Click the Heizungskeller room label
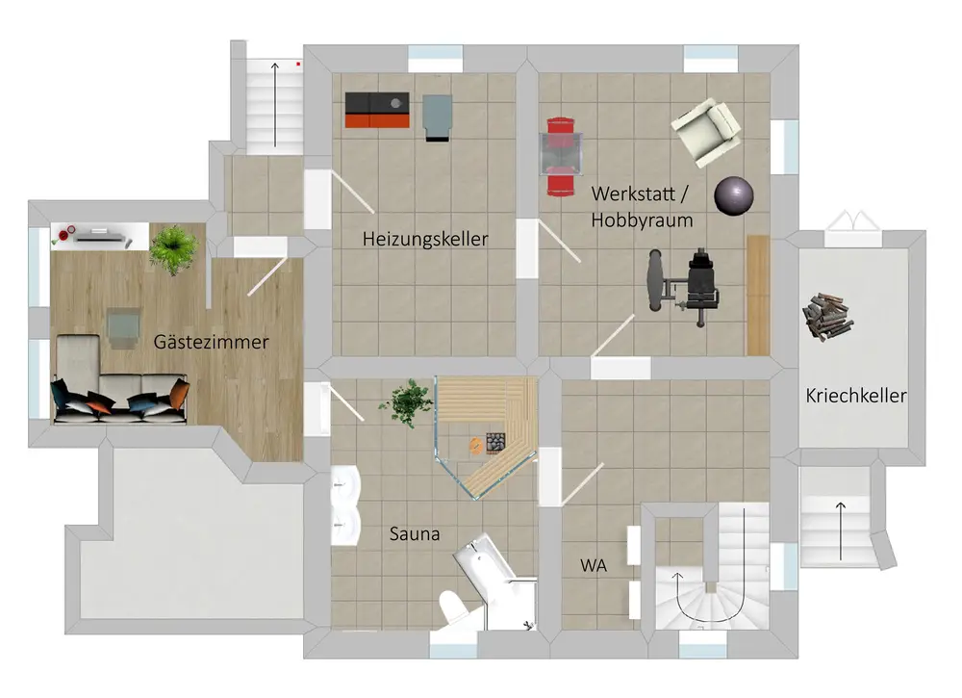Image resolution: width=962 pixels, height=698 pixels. (425, 239)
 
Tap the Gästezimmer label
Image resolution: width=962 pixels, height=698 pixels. (211, 342)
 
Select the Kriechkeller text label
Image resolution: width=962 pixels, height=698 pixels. (855, 396)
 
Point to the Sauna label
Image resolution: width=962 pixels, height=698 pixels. (415, 532)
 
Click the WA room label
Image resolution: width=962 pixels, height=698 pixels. (593, 566)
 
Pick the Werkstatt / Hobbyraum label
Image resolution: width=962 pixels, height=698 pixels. (642, 206)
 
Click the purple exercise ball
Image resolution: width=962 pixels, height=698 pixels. (733, 195)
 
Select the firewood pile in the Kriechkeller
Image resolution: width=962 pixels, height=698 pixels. (826, 317)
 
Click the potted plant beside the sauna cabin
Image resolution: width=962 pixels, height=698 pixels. (411, 401)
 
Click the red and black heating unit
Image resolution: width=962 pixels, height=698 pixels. (378, 110)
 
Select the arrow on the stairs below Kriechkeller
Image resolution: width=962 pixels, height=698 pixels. (842, 529)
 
